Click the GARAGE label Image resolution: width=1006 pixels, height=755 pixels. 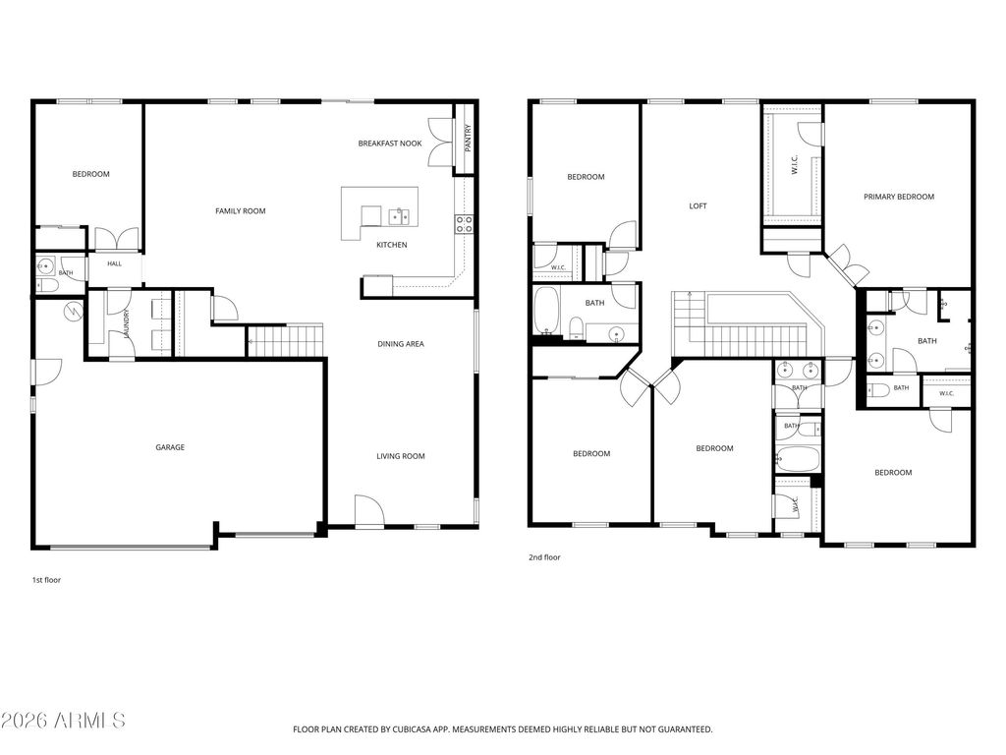[170, 447]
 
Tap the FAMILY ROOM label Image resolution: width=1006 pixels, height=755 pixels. [240, 211]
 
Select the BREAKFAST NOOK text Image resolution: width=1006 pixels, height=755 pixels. [390, 144]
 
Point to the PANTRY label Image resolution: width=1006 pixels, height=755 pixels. [468, 138]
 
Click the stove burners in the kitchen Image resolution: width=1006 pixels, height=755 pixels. [464, 224]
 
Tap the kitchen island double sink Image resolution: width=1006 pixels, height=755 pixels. [399, 217]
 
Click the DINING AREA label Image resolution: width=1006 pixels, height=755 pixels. [401, 344]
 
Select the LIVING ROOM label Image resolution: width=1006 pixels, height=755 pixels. [401, 456]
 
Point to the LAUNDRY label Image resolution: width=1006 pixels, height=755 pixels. [127, 323]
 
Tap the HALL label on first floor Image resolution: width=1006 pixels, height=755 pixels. [114, 263]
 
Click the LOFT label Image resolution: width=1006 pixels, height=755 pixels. [699, 206]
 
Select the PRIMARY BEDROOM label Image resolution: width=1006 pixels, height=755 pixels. [899, 197]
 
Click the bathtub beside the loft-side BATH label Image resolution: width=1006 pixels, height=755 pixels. [546, 311]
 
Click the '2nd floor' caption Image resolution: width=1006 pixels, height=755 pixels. [544, 557]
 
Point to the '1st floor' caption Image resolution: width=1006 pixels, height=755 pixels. [47, 580]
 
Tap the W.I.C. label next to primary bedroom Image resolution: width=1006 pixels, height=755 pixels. [794, 164]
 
